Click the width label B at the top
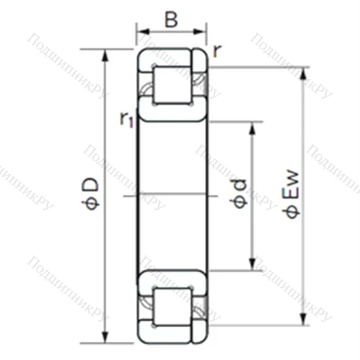(x=171, y=19)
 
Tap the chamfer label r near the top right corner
(x=216, y=50)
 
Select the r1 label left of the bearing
(x=127, y=119)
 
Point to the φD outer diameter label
(x=91, y=194)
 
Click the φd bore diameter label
(x=240, y=194)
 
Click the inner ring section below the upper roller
(x=172, y=111)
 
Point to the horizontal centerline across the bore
(x=172, y=194)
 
